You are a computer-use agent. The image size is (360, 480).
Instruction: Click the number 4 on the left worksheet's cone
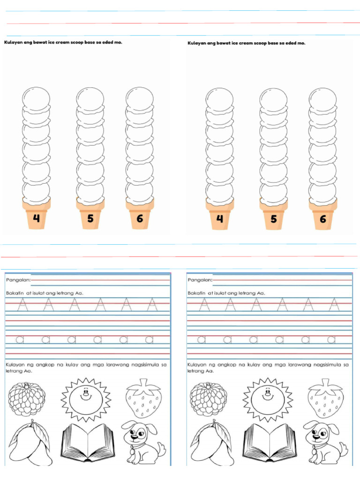coord(37,218)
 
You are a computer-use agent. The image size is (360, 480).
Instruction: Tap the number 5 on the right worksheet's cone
coord(273,219)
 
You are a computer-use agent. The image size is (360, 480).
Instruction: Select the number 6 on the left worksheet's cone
coord(140,218)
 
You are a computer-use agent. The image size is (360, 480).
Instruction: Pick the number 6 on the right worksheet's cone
coord(322,219)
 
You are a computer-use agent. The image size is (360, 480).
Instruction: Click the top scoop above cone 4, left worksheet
coord(36,99)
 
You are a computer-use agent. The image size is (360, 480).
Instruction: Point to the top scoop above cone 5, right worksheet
coord(273,99)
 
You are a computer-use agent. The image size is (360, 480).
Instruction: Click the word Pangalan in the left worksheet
coord(18,280)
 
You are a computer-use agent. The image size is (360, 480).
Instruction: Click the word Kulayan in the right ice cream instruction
coord(197,43)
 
